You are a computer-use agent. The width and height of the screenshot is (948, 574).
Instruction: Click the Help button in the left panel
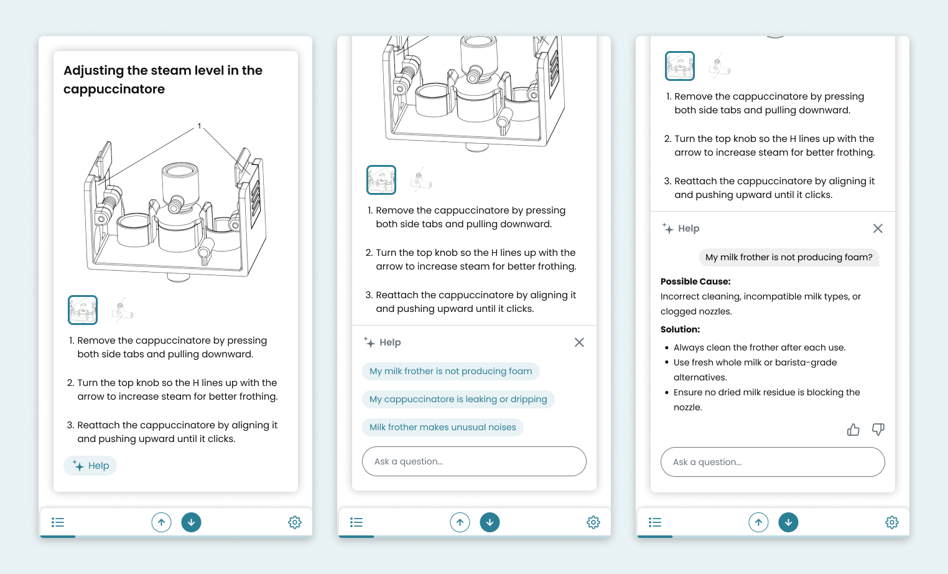[90, 466]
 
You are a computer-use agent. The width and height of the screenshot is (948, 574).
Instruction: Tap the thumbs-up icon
[853, 430]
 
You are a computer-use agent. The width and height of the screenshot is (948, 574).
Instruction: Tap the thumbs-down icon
[878, 430]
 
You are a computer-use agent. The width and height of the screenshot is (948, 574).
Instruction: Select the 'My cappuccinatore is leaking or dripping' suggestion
[458, 399]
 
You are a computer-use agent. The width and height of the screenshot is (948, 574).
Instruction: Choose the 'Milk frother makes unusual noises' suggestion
[443, 427]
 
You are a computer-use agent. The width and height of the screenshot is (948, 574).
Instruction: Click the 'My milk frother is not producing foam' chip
[451, 371]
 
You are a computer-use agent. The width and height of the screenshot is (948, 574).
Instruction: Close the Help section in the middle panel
[579, 342]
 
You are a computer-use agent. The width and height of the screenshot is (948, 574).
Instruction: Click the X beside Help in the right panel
[878, 228]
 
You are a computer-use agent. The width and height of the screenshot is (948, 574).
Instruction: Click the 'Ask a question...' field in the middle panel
[474, 461]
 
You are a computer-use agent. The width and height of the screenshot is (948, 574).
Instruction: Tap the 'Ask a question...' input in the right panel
[773, 462]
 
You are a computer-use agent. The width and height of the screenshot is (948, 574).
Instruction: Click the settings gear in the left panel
[295, 522]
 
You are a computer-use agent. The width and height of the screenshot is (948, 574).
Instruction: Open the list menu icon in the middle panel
[356, 522]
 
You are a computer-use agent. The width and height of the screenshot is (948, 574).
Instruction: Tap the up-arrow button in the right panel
[758, 522]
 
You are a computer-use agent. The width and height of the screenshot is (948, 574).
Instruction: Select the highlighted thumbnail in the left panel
[83, 310]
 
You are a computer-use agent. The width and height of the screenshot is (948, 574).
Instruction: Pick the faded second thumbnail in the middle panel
[421, 180]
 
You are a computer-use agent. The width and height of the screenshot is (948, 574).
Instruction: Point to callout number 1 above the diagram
[199, 126]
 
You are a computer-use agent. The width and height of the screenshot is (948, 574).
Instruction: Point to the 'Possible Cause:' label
[695, 281]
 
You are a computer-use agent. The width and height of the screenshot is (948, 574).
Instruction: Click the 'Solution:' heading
[680, 329]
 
